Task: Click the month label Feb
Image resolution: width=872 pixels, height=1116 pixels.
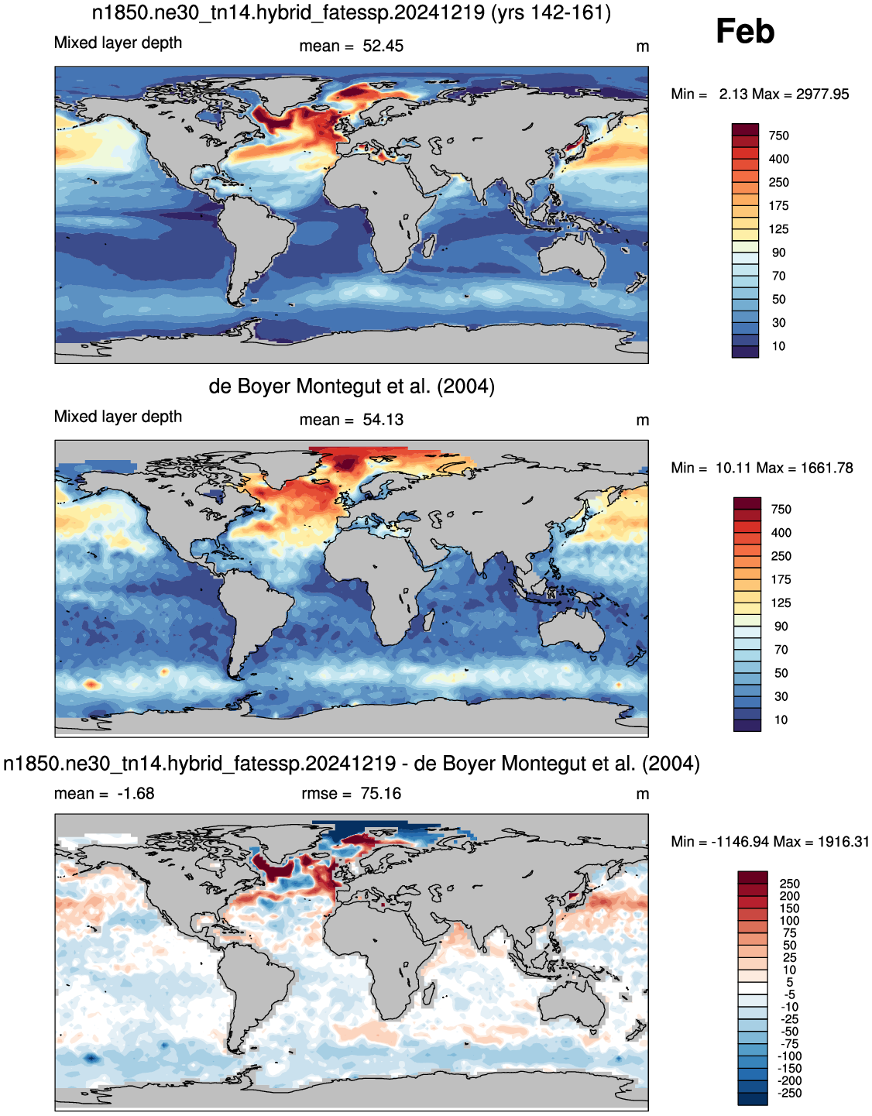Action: (745, 31)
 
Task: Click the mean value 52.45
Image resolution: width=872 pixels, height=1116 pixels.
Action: (383, 46)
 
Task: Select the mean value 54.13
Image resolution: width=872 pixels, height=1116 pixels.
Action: (383, 420)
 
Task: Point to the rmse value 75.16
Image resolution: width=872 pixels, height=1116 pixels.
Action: (380, 794)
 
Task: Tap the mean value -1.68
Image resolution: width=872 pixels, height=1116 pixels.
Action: (136, 794)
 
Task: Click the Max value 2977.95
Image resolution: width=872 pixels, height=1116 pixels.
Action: (822, 94)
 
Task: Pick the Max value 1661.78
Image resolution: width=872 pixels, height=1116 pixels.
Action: (826, 469)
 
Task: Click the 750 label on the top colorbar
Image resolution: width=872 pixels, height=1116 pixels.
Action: (778, 136)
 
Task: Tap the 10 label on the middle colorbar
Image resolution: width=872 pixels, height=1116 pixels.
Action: (781, 720)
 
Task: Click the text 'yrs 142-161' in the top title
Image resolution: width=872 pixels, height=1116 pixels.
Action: (551, 12)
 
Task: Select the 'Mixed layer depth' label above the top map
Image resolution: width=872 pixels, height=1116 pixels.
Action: (118, 43)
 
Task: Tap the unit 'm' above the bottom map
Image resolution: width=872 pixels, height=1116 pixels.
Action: (643, 795)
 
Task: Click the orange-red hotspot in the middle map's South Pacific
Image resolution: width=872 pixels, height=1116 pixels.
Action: (91, 684)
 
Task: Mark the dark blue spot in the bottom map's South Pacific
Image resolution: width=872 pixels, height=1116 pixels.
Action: (91, 1058)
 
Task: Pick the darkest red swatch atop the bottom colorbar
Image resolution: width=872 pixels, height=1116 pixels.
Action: (752, 877)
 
